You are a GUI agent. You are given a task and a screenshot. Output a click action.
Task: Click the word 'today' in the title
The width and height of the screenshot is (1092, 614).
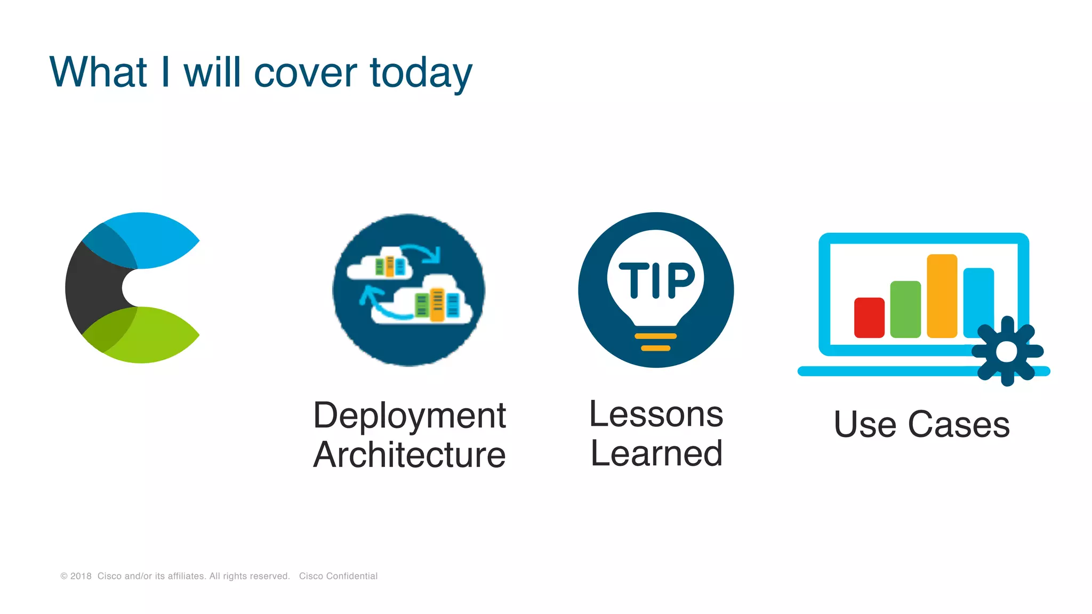[x=421, y=73]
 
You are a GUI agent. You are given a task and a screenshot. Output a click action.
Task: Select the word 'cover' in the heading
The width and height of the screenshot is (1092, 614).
[x=305, y=73]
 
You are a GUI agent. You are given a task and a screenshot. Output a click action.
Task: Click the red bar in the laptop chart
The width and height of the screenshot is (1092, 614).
[x=869, y=318]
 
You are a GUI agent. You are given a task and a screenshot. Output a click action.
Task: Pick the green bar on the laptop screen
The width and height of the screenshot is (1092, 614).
[x=905, y=309]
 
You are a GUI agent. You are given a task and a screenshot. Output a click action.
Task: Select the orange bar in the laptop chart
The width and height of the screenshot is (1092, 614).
[x=942, y=296]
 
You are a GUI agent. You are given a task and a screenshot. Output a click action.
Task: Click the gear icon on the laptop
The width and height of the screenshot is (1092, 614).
[x=1007, y=351]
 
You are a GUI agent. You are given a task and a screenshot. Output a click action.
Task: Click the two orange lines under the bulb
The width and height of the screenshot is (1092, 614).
[x=656, y=342]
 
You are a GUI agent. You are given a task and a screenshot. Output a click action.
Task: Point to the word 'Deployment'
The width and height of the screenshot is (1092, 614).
[x=409, y=416]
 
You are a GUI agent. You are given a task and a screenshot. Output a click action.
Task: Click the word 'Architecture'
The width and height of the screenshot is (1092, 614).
[x=409, y=455]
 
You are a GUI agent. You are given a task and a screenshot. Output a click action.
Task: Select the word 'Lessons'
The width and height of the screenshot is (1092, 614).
[x=656, y=414]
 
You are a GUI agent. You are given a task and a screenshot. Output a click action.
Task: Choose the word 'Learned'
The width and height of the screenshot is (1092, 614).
[x=656, y=454]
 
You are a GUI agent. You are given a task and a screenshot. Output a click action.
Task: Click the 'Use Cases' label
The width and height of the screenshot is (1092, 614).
[x=921, y=425]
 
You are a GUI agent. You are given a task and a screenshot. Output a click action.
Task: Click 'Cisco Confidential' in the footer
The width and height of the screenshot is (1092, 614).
[x=338, y=576]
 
